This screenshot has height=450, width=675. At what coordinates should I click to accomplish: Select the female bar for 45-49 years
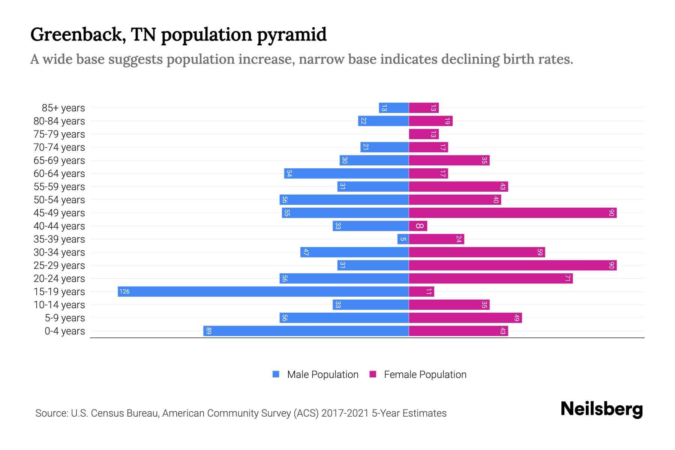(512, 213)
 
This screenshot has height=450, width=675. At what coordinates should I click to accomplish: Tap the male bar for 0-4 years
(306, 331)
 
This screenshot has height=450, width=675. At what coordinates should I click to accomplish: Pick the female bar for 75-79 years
(423, 134)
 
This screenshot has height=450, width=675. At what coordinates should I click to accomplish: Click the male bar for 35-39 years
(403, 239)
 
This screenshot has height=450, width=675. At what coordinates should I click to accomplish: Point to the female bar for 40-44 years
(418, 226)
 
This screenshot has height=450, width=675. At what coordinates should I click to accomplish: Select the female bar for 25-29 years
(512, 265)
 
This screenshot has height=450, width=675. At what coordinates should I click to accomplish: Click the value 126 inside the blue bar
(124, 291)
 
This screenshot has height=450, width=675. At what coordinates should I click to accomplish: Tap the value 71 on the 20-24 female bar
(568, 278)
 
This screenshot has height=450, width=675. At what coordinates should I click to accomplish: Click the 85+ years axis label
(63, 108)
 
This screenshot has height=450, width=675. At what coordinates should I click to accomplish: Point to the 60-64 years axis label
(59, 174)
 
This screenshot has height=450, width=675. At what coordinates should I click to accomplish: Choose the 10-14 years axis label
(59, 305)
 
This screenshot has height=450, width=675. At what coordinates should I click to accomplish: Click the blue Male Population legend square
(276, 374)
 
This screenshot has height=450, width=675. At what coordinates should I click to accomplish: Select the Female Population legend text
(425, 374)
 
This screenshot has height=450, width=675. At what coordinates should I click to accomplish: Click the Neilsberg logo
(601, 409)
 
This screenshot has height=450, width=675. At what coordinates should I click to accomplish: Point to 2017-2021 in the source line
(345, 413)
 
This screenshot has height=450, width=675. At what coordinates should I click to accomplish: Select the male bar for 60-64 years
(346, 173)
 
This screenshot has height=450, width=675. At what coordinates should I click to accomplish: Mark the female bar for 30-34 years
(477, 252)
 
